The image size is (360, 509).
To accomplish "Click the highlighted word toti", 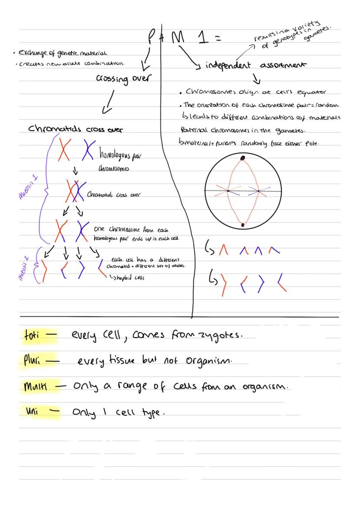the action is tap(32, 336).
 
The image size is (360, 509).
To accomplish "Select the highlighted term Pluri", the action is tap(31, 361).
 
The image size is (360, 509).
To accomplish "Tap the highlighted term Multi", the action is tap(35, 386).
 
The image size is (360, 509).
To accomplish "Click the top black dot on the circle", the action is tap(243, 157).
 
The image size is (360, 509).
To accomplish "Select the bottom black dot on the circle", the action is tap(243, 225).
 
